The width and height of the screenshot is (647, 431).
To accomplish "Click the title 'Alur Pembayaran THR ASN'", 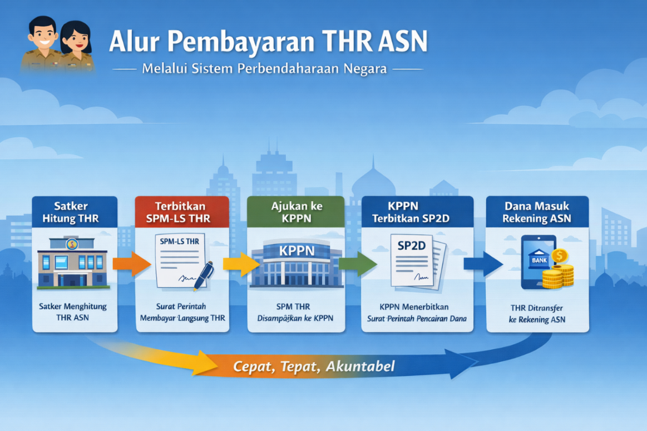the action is tap(268, 42).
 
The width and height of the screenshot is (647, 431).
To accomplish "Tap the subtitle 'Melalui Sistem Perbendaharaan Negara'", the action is tap(264, 68).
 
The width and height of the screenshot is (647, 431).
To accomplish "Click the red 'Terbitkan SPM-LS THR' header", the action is tap(182, 212).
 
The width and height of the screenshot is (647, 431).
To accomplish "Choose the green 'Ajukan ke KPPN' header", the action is tap(296, 212).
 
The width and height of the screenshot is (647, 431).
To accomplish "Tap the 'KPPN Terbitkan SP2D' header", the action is tap(417, 212).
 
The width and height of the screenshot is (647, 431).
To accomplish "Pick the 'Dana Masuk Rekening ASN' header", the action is tap(537, 212).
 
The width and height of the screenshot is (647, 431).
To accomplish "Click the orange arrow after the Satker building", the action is tap(132, 264).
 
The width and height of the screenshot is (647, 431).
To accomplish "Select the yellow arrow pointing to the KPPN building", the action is tap(241, 264).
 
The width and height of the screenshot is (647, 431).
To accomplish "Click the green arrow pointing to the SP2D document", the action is tap(358, 264).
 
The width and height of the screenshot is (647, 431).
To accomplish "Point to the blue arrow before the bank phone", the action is tap(483, 264).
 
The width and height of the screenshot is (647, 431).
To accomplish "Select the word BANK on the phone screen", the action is tap(539, 260).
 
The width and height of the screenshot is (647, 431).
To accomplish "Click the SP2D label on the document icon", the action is tap(411, 246).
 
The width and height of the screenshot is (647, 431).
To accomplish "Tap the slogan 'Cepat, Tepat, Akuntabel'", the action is tap(314, 366).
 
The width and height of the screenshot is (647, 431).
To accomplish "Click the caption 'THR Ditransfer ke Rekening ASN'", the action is tap(537, 314).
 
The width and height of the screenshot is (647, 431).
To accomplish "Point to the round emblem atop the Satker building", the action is tap(72, 244).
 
